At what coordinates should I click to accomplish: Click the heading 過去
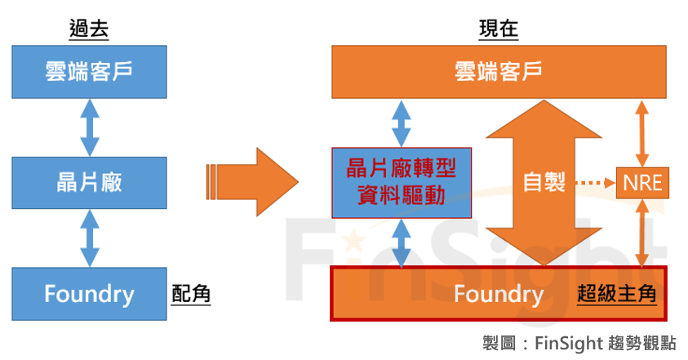point(89,29)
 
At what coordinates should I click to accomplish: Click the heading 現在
point(498,29)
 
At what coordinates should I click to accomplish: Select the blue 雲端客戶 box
point(89,72)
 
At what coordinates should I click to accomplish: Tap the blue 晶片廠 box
point(89,182)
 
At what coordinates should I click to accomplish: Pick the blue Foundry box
point(89,293)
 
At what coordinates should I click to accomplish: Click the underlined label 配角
point(191,294)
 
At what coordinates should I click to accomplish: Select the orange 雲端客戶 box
point(498,72)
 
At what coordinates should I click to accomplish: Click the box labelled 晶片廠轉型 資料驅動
point(402,181)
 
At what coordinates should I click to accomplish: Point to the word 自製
point(544,182)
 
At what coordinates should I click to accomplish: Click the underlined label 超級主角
point(616,294)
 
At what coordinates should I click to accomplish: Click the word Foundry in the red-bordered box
point(498,294)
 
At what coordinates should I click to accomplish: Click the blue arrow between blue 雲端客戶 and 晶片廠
point(89,127)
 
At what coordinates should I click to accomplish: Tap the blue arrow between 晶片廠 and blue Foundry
point(89,238)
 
